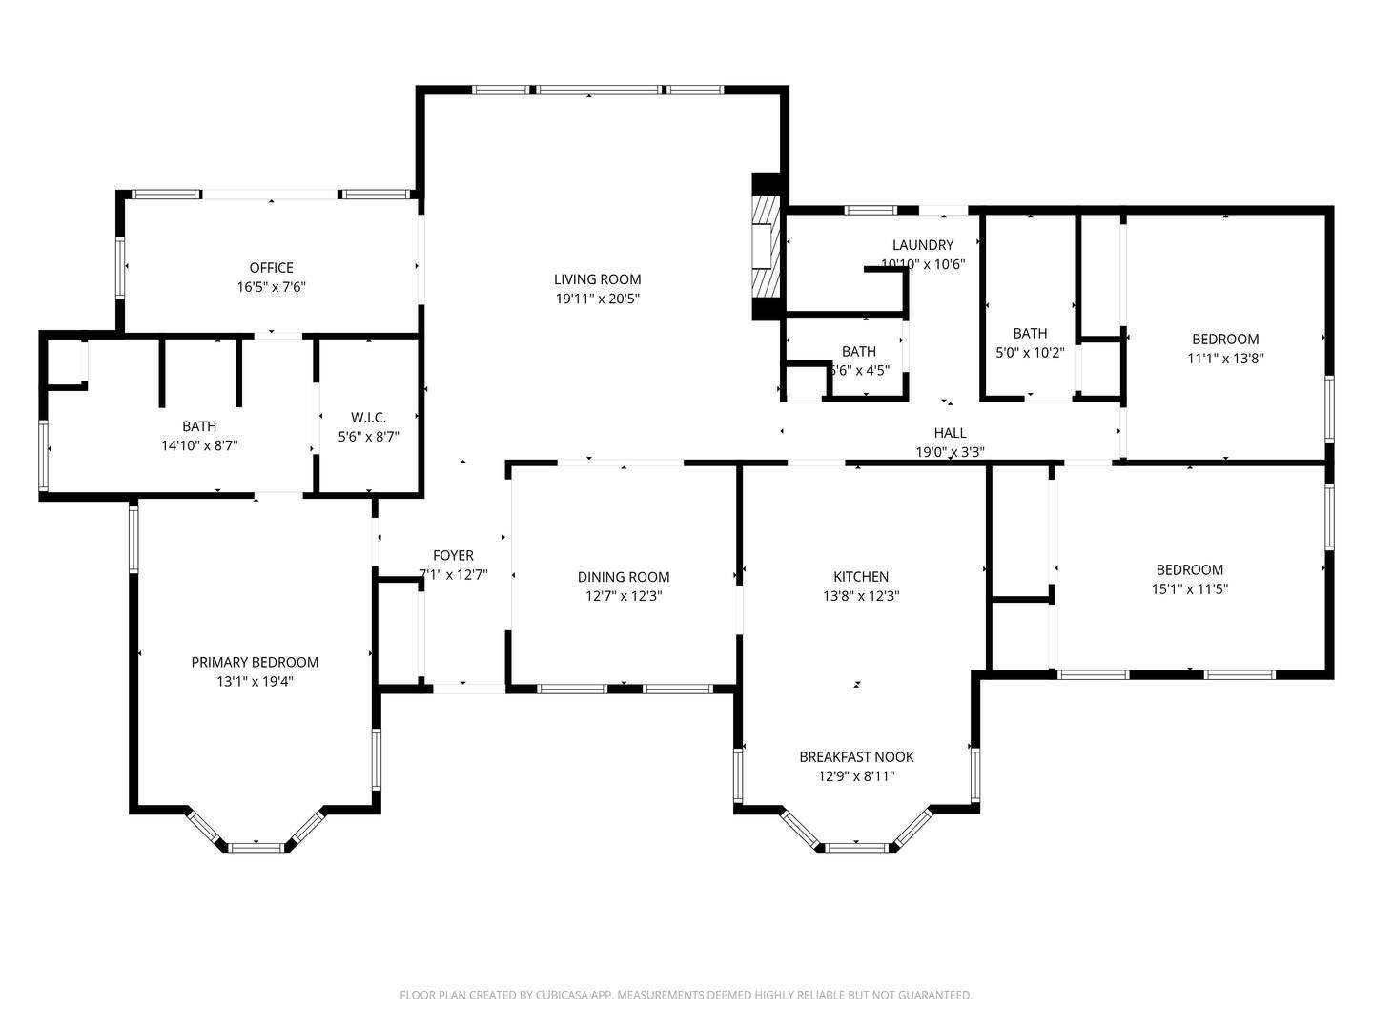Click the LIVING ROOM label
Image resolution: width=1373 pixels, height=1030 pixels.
(598, 279)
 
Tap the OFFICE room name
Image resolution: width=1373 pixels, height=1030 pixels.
(272, 268)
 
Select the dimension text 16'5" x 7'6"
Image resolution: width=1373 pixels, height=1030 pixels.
(272, 287)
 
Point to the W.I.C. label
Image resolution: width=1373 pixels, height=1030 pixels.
(368, 418)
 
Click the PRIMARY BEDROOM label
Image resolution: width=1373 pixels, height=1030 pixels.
(255, 662)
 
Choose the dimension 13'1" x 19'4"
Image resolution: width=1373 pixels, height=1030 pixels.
(255, 682)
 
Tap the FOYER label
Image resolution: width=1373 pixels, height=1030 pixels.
(453, 555)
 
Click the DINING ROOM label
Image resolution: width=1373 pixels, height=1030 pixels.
(624, 577)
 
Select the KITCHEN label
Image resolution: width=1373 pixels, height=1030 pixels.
(861, 577)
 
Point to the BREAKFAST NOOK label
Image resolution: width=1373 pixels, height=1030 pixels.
(856, 757)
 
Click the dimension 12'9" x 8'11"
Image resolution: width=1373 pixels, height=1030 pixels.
(856, 776)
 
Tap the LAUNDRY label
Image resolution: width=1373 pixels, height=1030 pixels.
(923, 245)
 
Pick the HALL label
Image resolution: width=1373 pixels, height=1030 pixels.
(951, 433)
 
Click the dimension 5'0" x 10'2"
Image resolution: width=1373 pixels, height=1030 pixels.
(1030, 353)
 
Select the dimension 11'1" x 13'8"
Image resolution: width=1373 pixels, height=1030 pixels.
(1225, 359)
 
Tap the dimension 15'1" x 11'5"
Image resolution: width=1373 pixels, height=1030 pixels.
(1189, 589)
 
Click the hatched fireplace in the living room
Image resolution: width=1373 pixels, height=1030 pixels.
(766, 247)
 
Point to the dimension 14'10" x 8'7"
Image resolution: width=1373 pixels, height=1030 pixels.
(199, 445)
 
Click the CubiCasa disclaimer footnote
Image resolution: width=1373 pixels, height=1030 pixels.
(686, 995)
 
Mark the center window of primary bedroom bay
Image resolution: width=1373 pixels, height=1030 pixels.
(256, 846)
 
